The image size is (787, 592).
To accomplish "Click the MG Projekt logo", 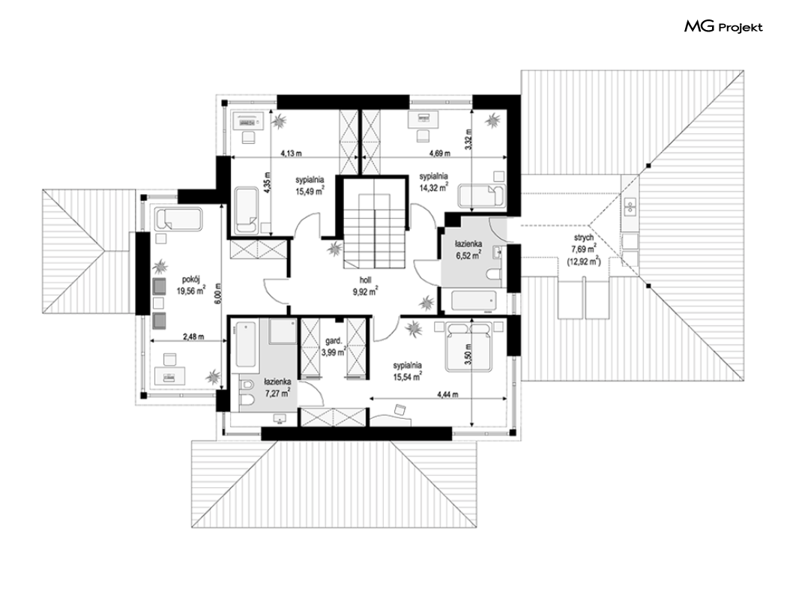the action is point(723,26).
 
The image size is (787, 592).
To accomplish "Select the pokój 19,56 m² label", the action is point(190,285).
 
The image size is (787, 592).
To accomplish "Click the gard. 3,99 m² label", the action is point(334,347).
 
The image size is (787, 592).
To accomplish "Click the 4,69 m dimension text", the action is point(440,153).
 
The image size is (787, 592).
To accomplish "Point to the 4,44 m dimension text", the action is point(447,394).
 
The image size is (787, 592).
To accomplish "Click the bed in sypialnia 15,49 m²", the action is point(245,211).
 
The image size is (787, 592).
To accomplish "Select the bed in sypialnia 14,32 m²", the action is point(482,196).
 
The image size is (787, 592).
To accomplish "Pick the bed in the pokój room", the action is point(178,220).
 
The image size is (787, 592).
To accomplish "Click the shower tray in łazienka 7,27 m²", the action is point(282,330).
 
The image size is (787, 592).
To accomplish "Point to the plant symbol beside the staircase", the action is point(334,249).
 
